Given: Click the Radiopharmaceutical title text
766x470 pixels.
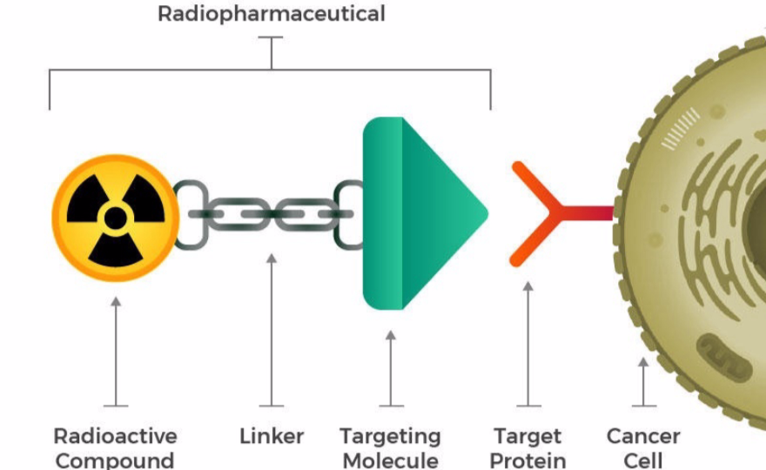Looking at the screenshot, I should coord(271,14).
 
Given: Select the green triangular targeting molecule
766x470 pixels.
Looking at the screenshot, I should coord(418,213).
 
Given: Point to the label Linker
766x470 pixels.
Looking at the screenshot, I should coord(272,436).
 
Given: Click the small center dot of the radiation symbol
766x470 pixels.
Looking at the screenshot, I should coord(115,218).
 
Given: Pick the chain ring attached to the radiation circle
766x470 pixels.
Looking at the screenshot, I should coord(189,214).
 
